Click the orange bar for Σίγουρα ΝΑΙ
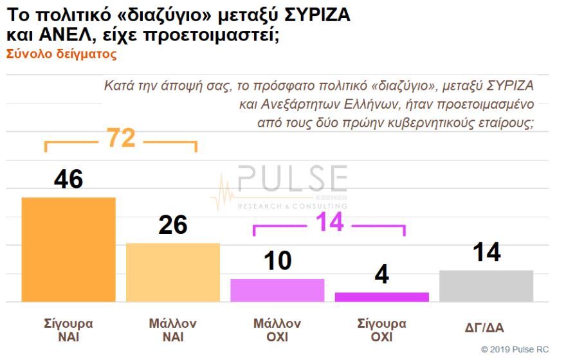(x=68, y=249)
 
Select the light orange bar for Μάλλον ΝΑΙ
(x=172, y=272)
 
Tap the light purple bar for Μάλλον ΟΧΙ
(x=277, y=290)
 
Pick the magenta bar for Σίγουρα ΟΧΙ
(x=381, y=296)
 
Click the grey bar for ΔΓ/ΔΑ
(x=486, y=285)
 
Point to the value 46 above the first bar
(x=68, y=179)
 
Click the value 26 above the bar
(x=172, y=225)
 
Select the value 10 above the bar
(x=277, y=261)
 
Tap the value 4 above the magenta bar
(x=381, y=275)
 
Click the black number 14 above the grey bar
(x=486, y=253)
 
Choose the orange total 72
(x=120, y=138)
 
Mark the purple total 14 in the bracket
(x=329, y=223)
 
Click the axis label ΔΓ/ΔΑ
(x=484, y=328)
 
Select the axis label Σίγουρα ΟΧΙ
(x=381, y=330)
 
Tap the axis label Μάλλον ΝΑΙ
(x=172, y=330)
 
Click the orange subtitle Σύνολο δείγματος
(x=61, y=55)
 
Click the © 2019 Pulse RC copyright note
(x=515, y=349)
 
